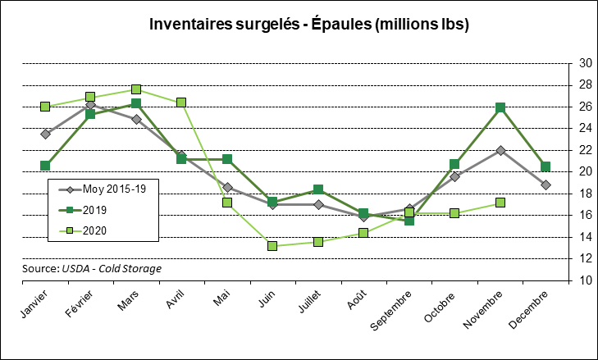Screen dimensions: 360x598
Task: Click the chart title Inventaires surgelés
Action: tap(308, 25)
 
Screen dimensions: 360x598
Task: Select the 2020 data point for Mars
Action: tap(136, 89)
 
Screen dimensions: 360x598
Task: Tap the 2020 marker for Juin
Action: tap(272, 246)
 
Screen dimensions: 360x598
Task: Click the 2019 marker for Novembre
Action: tap(500, 107)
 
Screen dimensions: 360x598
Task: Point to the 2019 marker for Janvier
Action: tap(45, 166)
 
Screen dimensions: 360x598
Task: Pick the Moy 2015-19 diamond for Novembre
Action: tap(500, 150)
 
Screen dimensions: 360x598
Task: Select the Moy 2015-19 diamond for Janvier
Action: tap(45, 134)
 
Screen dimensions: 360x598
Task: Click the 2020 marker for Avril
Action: tap(181, 103)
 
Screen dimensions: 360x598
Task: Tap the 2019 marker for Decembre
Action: tap(546, 166)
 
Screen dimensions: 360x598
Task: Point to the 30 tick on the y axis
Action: tap(586, 63)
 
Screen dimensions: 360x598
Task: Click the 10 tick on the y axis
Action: tap(586, 280)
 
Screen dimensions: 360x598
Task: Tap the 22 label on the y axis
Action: tap(586, 150)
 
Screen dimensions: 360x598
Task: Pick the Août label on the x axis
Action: tap(354, 300)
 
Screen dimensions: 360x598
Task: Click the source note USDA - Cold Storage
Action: tap(92, 268)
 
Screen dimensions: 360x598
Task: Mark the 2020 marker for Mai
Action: tap(227, 203)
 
